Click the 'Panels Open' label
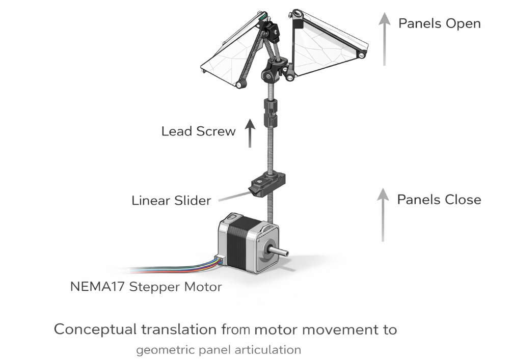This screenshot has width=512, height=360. tap(439, 23)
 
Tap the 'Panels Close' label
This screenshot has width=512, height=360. tap(439, 199)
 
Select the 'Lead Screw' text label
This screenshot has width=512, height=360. tap(198, 131)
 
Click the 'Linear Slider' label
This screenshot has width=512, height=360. tap(171, 200)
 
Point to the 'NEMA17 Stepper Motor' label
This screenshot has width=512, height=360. tap(146, 287)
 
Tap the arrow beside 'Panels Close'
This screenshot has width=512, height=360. tap(382, 214)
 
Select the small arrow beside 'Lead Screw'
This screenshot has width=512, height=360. tap(250, 133)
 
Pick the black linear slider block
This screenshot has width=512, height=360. tap(266, 183)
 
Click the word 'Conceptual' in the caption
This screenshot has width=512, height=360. tap(95, 329)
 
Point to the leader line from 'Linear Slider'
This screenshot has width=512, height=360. tap(231, 195)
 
